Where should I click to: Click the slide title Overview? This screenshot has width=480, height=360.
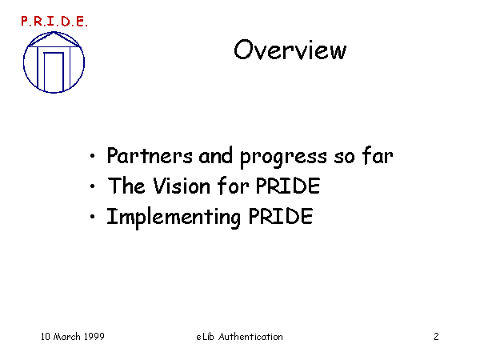pyautogui.click(x=290, y=50)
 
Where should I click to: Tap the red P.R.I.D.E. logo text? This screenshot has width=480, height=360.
pyautogui.click(x=54, y=22)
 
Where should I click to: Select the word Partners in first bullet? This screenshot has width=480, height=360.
pyautogui.click(x=150, y=155)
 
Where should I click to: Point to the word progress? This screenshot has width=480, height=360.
pyautogui.click(x=283, y=158)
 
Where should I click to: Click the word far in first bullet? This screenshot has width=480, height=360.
pyautogui.click(x=378, y=155)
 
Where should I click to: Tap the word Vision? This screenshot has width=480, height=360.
pyautogui.click(x=182, y=186)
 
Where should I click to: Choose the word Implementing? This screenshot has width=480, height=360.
pyautogui.click(x=174, y=218)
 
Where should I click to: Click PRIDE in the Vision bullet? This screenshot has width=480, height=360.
pyautogui.click(x=288, y=186)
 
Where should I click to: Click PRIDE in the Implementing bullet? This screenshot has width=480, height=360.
pyautogui.click(x=281, y=216)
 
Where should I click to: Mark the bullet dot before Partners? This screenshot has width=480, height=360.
pyautogui.click(x=93, y=156)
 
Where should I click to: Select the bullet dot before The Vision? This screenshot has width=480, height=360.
pyautogui.click(x=93, y=186)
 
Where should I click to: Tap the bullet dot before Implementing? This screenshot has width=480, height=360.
pyautogui.click(x=93, y=217)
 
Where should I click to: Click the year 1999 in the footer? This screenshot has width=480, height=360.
pyautogui.click(x=94, y=337)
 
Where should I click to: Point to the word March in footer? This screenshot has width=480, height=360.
pyautogui.click(x=66, y=337)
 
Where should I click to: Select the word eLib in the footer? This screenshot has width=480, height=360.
pyautogui.click(x=205, y=337)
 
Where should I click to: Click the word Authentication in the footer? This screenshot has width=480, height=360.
pyautogui.click(x=250, y=337)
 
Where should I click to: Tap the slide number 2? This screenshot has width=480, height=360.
pyautogui.click(x=436, y=337)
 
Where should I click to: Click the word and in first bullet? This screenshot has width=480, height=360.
pyautogui.click(x=216, y=155)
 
